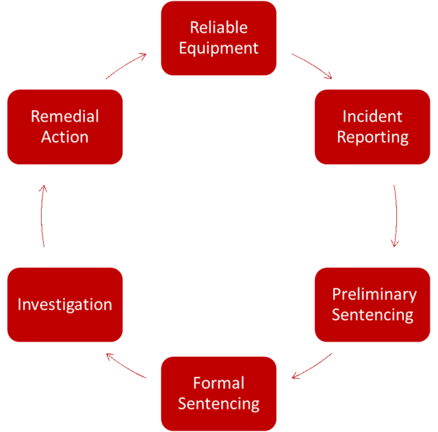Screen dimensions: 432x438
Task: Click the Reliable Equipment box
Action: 218,38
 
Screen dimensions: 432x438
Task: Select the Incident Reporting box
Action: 372,127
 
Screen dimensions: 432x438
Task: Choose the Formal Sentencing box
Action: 218,393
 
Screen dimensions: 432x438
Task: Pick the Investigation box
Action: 65,305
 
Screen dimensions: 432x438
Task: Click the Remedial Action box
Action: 65,127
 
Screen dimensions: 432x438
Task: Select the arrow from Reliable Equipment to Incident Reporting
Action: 312,65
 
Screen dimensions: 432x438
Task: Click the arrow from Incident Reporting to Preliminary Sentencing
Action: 396,216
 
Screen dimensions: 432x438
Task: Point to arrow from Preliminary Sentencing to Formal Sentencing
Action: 313,366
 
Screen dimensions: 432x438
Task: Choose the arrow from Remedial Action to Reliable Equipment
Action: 126,66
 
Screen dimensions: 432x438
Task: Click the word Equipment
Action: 218,49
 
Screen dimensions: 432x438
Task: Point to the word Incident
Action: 372,116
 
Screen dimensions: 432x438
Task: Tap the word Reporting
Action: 372,137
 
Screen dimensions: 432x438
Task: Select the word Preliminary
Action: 374,294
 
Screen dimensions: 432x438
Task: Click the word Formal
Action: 218,383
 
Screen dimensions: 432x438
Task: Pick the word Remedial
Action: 65,116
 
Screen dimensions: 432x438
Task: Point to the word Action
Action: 65,137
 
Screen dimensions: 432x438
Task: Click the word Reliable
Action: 218,28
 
